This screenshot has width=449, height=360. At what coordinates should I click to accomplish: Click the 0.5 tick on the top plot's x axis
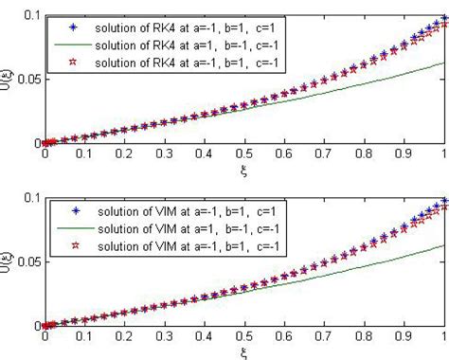(244, 153)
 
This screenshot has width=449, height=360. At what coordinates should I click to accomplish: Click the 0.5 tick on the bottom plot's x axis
(244, 335)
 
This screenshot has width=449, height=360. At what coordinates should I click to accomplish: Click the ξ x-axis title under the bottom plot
(245, 352)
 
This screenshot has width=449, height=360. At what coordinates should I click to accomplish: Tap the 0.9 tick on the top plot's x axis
(404, 153)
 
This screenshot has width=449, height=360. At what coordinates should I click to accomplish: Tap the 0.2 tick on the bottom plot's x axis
(125, 335)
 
